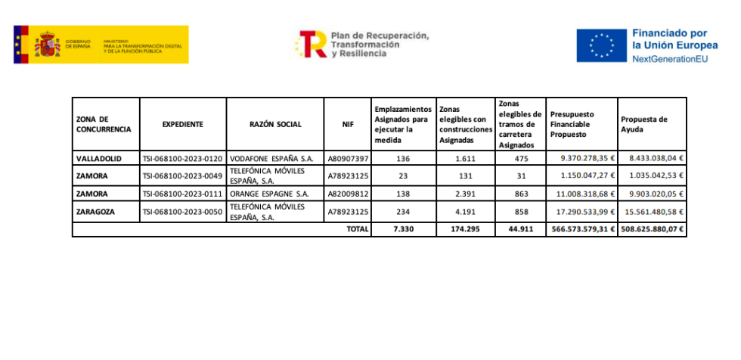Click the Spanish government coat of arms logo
tap(48, 45)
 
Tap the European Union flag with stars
tap(601, 45)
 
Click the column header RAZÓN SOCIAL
tap(275, 124)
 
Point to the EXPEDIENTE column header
tap(183, 124)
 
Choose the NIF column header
tap(348, 124)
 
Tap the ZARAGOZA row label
tap(96, 212)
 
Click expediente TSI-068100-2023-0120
tap(182, 159)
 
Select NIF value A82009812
tap(348, 194)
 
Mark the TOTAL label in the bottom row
tap(357, 228)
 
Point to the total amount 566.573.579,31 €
tap(581, 228)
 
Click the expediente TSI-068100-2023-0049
tap(182, 176)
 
